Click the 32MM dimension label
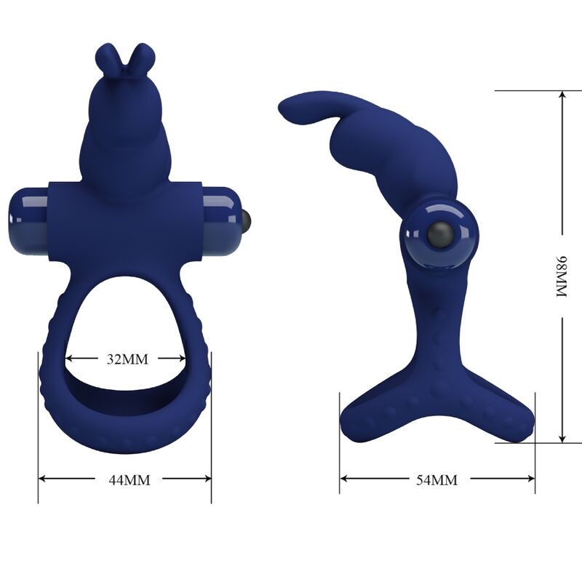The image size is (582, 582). pos(124,359)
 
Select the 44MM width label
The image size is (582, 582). pos(124,479)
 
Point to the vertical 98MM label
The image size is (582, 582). pos(562,276)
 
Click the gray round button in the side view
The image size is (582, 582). pos(439,234)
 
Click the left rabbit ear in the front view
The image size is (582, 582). pos(105,57)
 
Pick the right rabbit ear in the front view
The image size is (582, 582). pos(145,57)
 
